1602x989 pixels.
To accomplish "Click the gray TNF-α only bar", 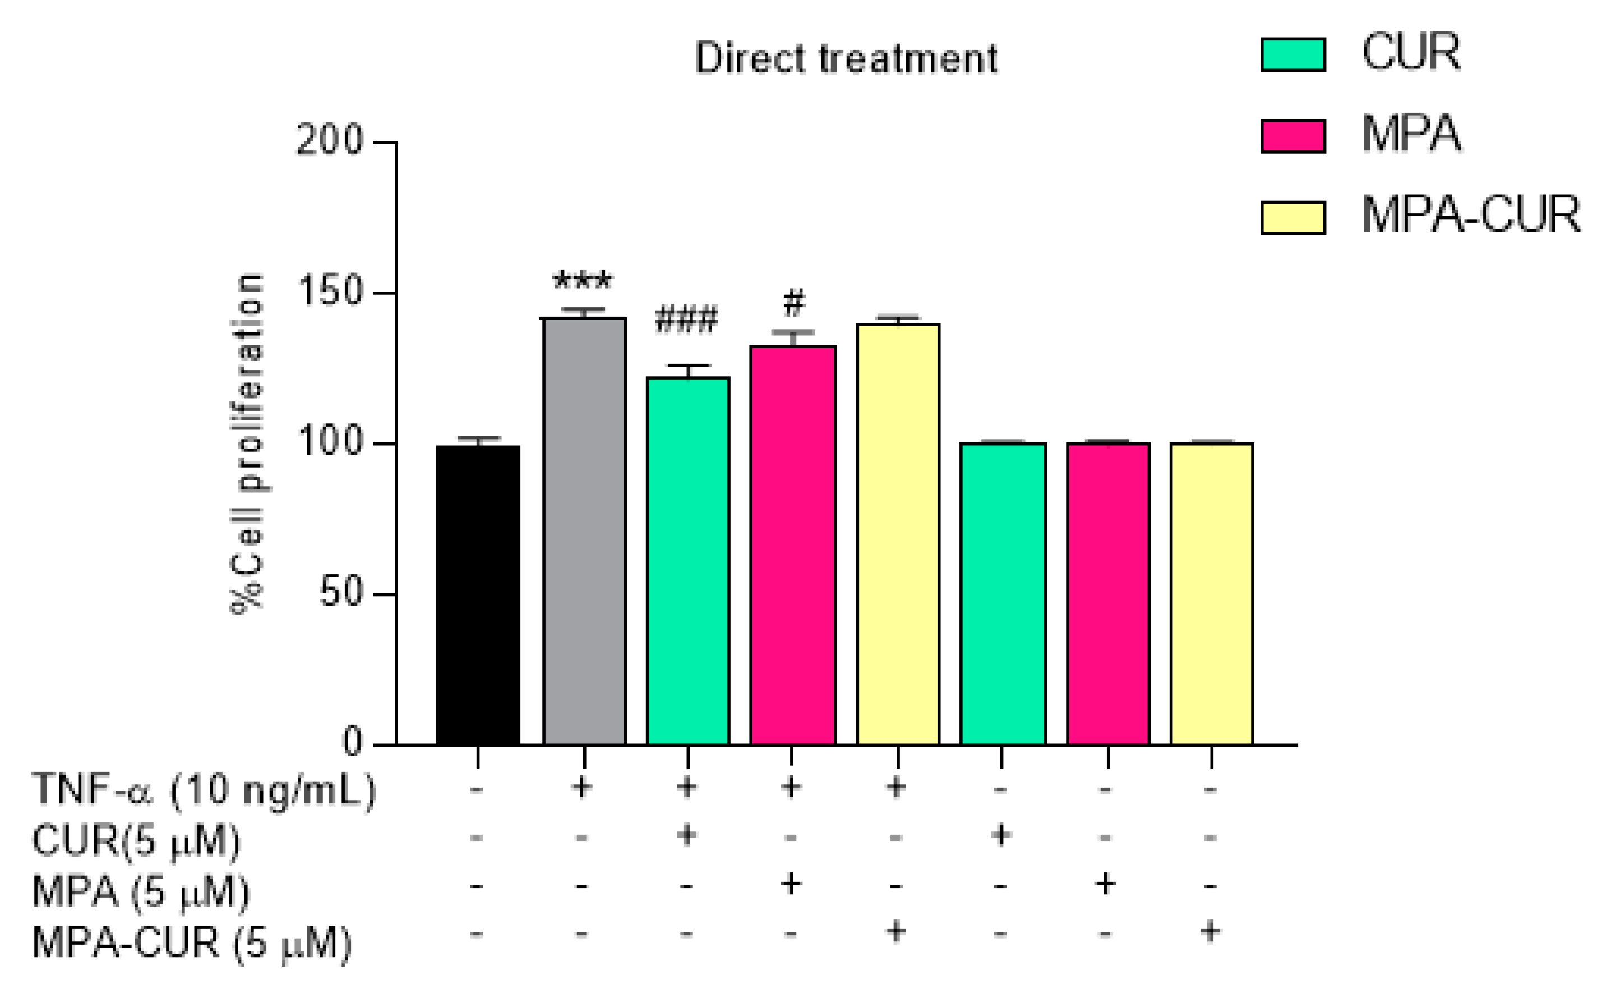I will point(584,530).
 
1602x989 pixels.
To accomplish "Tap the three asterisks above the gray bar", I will point(582,282).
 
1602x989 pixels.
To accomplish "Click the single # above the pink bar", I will point(793,303).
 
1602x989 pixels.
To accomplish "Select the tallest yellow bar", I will point(898,533).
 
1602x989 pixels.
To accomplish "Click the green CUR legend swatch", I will point(1292,54).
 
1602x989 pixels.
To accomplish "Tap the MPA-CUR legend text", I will point(1471,215).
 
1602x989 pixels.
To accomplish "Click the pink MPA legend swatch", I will point(1292,136).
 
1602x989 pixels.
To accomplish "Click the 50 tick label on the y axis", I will point(340,593).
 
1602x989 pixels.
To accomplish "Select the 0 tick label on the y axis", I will point(352,742).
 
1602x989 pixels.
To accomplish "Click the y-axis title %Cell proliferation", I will point(248,443).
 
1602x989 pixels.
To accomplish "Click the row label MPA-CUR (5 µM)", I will point(192,942).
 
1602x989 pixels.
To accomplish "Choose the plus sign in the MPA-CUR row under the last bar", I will point(1210,931).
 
